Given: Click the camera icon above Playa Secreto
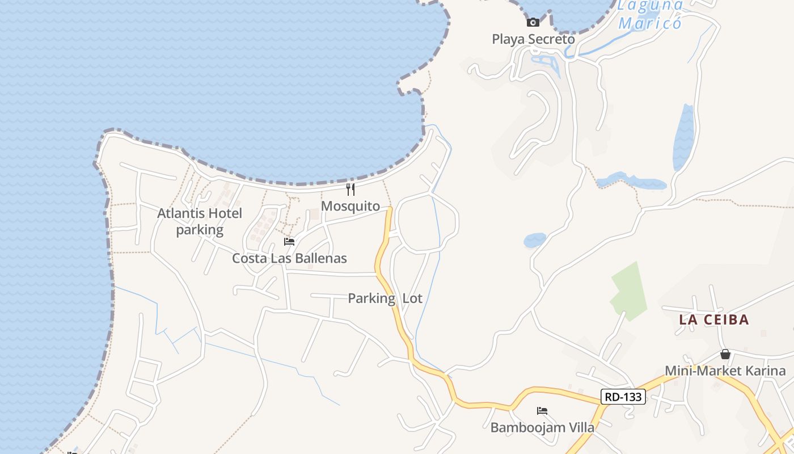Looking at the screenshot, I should (533, 23).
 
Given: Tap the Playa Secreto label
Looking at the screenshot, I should (533, 39).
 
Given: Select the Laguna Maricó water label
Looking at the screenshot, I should (650, 15).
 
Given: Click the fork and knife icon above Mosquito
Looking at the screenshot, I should (350, 189).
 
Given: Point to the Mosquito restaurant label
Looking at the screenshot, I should (350, 206).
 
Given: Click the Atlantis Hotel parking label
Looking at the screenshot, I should (200, 221).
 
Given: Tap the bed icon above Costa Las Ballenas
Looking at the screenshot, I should (289, 242).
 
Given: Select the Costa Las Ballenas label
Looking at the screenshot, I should (289, 258).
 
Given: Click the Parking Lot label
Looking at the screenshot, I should (385, 298).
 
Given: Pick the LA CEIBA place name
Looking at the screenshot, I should (714, 320).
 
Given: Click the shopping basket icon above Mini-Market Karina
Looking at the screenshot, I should (725, 355).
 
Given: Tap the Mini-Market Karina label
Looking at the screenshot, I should (725, 371).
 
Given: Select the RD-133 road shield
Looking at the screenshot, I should (623, 397).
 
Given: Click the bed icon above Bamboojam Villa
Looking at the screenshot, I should (542, 411).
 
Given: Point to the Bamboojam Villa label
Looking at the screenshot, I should (542, 427).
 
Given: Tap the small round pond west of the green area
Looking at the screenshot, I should (535, 240).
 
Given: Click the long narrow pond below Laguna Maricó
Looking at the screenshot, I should (683, 138).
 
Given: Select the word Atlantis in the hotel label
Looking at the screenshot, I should (179, 213).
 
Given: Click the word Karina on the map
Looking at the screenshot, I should (766, 371).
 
